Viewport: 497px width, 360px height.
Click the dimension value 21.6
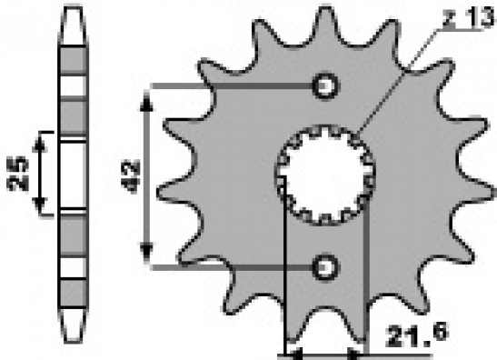(x=417, y=335)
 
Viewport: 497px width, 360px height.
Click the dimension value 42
(x=131, y=176)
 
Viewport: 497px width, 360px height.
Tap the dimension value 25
(x=18, y=175)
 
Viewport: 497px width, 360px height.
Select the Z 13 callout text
(x=469, y=18)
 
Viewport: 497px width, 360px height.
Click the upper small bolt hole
(x=325, y=86)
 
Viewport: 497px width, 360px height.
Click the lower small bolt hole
(x=325, y=267)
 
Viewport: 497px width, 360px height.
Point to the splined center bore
(x=325, y=175)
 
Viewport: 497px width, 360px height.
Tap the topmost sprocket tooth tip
(x=325, y=8)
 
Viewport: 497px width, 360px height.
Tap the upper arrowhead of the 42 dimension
(x=146, y=101)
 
